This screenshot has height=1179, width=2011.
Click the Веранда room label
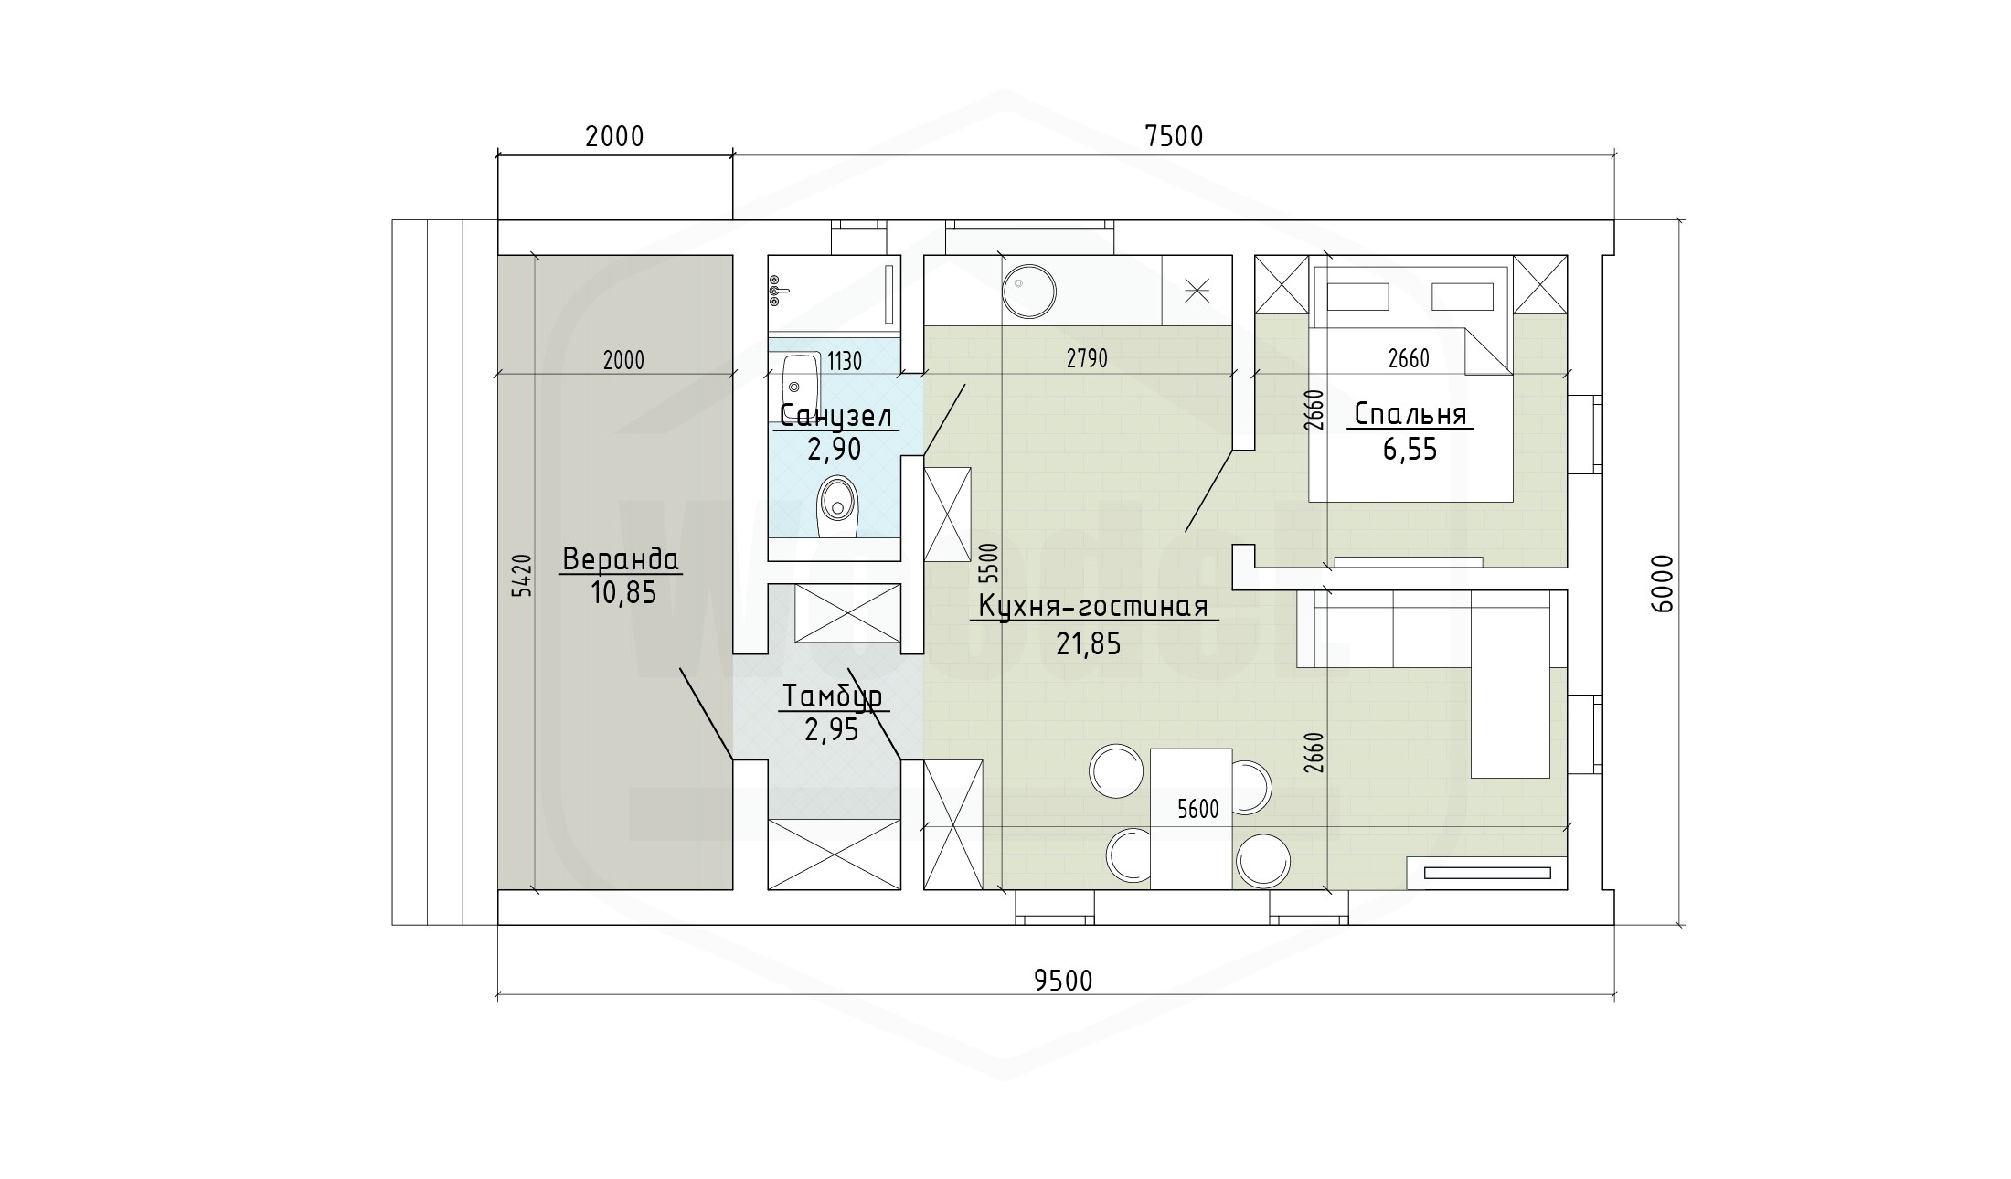tap(621, 558)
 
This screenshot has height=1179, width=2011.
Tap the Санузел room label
tap(835, 417)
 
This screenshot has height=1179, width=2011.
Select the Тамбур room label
tap(832, 697)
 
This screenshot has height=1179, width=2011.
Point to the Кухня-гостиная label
tap(1093, 607)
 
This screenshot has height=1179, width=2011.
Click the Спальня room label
tap(1410, 415)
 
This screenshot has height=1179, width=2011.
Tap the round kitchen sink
tap(1029, 292)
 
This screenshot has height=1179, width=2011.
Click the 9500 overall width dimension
tap(1063, 980)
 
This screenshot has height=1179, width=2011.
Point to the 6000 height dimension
tap(1662, 583)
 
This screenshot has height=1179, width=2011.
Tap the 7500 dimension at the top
tap(1174, 136)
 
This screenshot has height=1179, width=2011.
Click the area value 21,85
tap(1089, 644)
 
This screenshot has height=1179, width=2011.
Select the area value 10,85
tap(623, 593)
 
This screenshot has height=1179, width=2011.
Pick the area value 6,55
tap(1410, 450)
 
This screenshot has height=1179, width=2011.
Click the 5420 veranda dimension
tap(520, 575)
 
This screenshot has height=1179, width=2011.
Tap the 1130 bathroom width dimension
tap(845, 362)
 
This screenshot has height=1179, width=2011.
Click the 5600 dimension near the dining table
tap(1198, 810)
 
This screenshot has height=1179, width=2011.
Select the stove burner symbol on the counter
tap(1197, 291)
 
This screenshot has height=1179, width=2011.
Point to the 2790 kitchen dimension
tap(1087, 359)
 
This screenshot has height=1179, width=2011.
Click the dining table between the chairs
tap(1191, 818)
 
